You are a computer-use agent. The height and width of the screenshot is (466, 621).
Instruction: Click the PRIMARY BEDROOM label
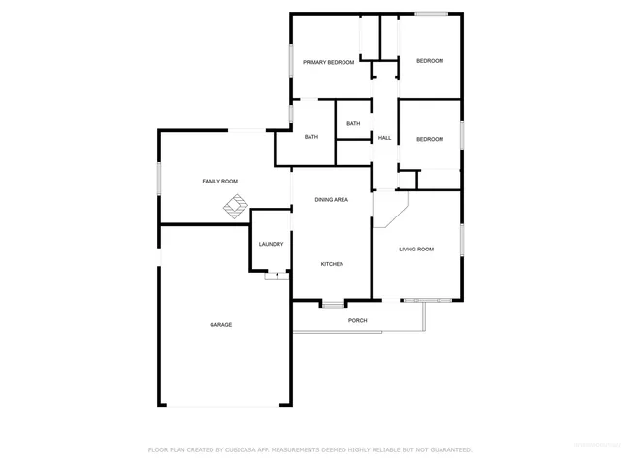(328, 63)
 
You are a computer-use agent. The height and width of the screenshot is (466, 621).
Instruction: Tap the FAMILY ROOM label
(219, 182)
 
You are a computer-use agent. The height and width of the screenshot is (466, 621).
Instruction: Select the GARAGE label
(221, 324)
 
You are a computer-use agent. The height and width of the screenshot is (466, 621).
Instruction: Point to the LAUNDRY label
(271, 244)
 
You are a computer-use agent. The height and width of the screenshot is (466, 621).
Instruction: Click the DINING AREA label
(331, 199)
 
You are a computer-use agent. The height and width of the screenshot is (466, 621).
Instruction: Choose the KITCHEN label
(332, 264)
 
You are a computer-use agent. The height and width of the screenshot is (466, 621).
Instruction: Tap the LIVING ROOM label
(416, 250)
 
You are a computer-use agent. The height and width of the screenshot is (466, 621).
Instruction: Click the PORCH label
(358, 320)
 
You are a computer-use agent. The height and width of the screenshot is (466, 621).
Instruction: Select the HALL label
(384, 138)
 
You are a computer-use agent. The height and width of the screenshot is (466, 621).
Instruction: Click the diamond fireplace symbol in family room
(235, 206)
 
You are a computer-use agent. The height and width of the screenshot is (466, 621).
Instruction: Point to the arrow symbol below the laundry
(277, 276)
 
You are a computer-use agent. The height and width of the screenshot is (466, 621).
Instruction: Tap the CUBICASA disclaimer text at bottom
(310, 449)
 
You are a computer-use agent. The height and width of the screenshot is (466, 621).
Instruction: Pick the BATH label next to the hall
(353, 123)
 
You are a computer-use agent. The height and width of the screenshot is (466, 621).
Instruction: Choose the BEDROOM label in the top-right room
(430, 61)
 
